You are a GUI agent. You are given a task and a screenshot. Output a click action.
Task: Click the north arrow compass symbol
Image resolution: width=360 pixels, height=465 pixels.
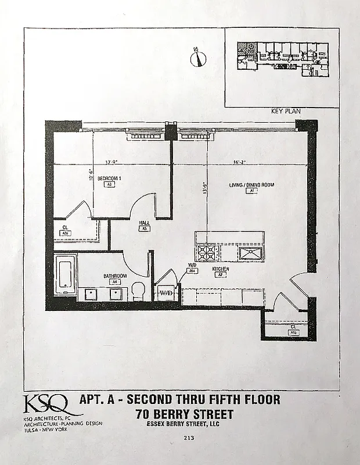click(199, 59)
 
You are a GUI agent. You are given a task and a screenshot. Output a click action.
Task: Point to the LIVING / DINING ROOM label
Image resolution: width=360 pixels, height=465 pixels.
click(251, 185)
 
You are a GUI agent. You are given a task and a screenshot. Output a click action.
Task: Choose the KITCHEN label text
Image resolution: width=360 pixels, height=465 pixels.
click(220, 269)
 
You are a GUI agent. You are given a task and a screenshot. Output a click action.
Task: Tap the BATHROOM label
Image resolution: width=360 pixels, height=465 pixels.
click(116, 276)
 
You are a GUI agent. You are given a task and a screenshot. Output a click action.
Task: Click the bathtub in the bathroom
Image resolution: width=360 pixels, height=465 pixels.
click(65, 274)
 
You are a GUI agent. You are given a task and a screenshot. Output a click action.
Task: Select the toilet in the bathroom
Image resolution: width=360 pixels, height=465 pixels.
click(138, 291)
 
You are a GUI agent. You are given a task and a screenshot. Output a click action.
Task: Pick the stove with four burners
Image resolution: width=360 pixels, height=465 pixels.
click(207, 252)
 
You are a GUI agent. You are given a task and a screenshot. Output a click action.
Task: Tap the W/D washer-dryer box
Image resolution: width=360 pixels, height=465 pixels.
click(166, 292)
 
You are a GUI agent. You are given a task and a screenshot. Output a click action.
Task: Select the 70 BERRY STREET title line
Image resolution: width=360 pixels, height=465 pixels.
click(185, 414)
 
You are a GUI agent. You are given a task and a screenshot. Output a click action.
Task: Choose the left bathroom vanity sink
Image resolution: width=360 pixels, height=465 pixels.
click(91, 293)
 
